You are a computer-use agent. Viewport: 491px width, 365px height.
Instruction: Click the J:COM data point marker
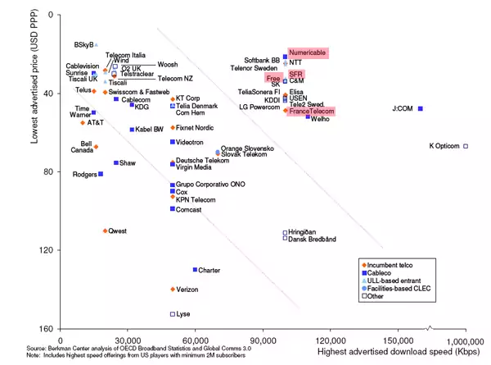pos(421,108)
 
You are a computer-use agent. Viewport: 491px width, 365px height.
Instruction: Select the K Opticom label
pos(445,146)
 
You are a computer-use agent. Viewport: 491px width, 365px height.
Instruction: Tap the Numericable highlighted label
pos(308,52)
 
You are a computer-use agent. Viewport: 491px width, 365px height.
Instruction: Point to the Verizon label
pos(187,290)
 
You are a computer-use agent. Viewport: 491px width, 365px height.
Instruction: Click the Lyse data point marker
pos(173,314)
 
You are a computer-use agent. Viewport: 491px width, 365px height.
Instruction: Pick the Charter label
pos(209,270)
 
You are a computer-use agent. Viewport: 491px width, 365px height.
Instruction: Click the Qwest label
pos(118,231)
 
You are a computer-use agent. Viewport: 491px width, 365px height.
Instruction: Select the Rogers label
pos(84,175)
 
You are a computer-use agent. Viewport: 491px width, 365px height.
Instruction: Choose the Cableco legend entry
pos(383,272)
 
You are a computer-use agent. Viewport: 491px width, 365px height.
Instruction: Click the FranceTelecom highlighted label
pos(310,111)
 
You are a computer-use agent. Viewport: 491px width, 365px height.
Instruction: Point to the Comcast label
pos(189,210)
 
